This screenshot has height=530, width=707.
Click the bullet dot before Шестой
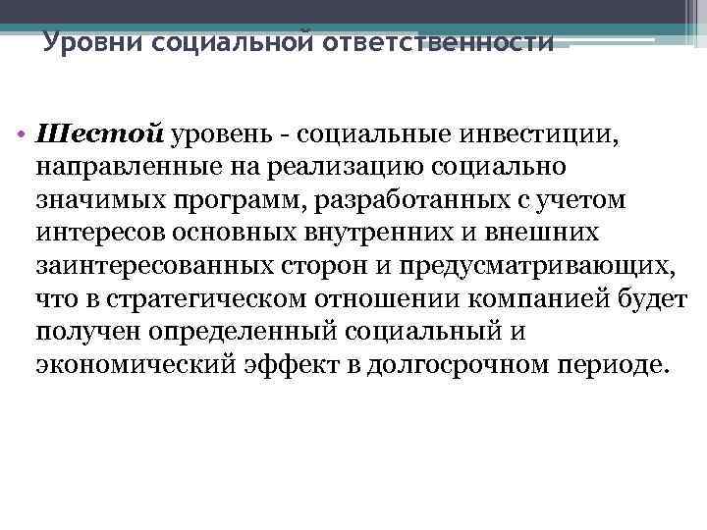(x=22, y=133)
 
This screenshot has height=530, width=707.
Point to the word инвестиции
(x=536, y=132)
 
